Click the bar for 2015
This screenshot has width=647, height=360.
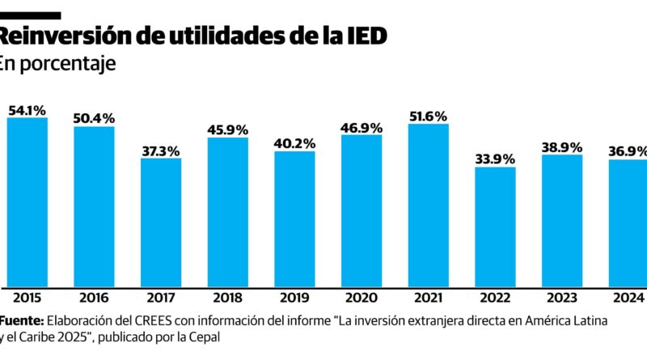pos(27,202)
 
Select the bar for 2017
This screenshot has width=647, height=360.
pos(161,222)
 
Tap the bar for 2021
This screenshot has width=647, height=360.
pos(428,205)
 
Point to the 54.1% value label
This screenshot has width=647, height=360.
pos(27,109)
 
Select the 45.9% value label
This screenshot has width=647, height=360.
pos(227,129)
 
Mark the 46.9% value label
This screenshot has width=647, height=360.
pos(361,126)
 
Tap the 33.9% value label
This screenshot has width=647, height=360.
pos(495,159)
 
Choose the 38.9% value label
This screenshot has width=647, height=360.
pos(561,146)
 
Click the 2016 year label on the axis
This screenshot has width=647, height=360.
pos(94,297)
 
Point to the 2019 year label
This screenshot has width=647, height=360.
pos(294,297)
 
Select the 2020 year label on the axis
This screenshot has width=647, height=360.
pos(361,297)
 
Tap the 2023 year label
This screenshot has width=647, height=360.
pos(561,297)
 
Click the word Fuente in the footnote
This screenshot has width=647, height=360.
pos(21,320)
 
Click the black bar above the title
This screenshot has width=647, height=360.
pos(30,15)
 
